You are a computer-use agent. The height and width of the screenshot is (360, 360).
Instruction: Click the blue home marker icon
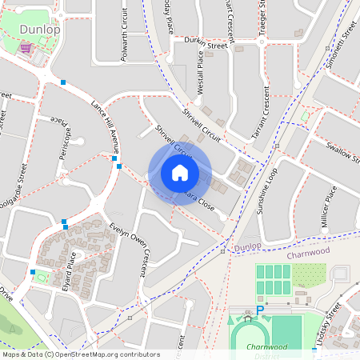point(179,173)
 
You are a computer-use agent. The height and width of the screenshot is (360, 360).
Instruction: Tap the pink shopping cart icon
point(26,49)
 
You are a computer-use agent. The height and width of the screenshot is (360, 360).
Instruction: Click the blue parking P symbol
point(260,310)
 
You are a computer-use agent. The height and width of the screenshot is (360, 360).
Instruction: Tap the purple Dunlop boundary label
point(249,248)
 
